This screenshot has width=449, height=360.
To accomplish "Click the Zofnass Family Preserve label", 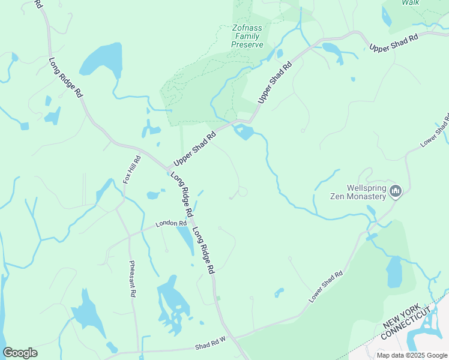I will coord(247,36).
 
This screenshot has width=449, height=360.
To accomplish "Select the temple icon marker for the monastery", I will coord(395,191).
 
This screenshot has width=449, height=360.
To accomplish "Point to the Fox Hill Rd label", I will coord(131,169).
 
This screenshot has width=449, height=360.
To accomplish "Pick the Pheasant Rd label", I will coord(132,278).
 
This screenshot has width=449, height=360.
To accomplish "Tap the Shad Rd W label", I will coord(209,346).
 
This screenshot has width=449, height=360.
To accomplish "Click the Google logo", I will coord(20,353).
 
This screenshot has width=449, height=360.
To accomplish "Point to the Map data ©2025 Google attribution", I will coord(412,355).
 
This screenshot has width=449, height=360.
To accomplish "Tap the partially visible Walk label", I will coord(411,3).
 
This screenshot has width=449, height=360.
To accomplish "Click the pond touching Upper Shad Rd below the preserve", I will coord(244,132).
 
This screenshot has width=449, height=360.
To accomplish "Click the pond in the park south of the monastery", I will coord(394,272).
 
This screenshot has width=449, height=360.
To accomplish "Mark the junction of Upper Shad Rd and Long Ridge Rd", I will coord(169,169).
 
